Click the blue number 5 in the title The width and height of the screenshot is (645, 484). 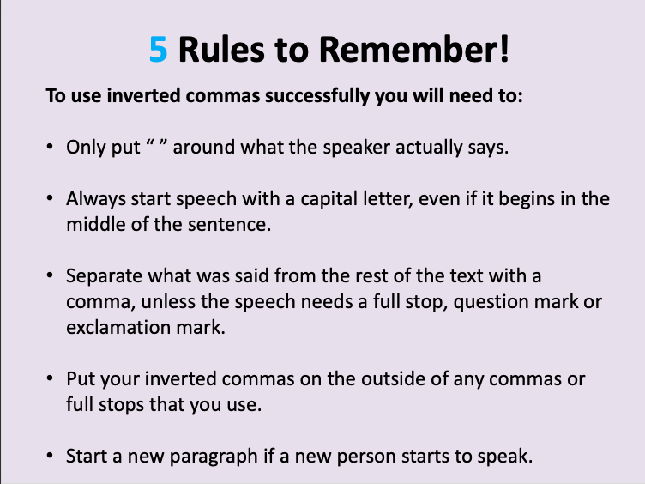[159, 50]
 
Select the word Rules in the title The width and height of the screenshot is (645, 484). [221, 50]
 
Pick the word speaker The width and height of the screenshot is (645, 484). [356, 148]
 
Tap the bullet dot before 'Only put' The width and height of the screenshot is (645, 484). [50, 147]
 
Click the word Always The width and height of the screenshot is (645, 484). [96, 199]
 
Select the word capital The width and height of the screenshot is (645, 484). [329, 199]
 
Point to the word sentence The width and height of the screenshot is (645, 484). [230, 225]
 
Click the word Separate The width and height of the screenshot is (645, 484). [104, 276]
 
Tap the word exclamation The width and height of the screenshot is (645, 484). [118, 328]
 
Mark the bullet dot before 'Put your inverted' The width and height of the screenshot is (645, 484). [50, 378]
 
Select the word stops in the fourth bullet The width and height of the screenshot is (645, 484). [121, 405]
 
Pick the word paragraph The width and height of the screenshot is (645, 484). [214, 457]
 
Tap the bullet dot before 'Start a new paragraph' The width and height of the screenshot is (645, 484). [50, 456]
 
